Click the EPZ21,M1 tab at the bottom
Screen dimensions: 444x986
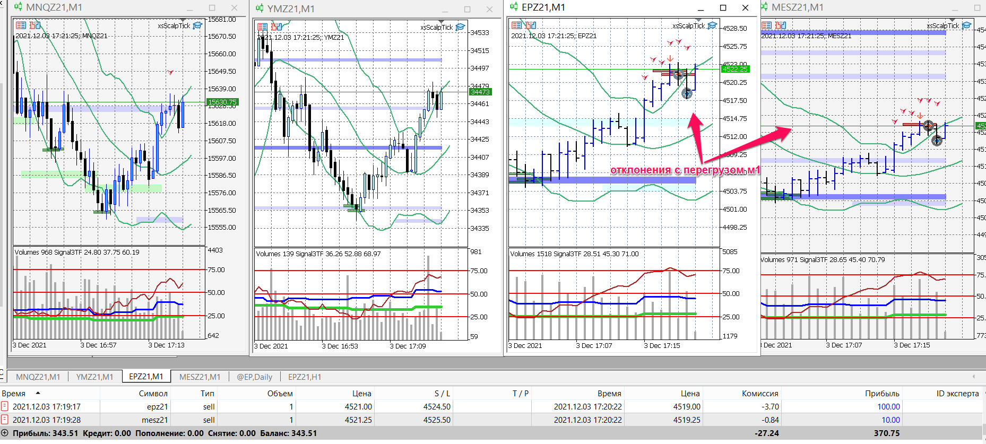click(146, 376)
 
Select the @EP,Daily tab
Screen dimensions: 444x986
click(254, 377)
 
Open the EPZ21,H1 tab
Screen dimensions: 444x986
click(305, 377)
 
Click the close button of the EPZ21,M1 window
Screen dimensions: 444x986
click(745, 7)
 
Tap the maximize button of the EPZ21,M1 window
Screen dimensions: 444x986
click(723, 7)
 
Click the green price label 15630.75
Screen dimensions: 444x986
click(222, 102)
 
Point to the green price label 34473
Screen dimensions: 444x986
click(480, 92)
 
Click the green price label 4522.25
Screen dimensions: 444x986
click(735, 69)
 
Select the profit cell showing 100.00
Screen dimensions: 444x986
click(888, 407)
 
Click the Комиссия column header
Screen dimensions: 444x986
click(759, 394)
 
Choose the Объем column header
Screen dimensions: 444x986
click(280, 394)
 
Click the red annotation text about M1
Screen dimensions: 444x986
click(685, 170)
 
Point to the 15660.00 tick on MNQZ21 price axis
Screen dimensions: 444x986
click(222, 54)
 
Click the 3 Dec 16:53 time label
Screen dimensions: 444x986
click(340, 346)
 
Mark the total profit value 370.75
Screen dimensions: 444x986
click(886, 433)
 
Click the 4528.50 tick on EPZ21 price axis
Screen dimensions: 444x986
click(735, 29)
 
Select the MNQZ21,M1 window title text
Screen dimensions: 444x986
click(54, 7)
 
